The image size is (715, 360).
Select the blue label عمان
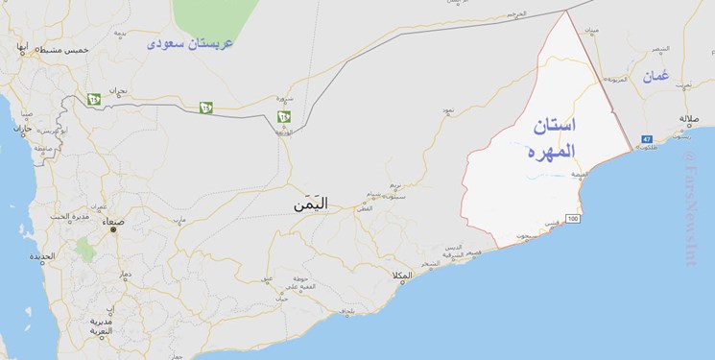655,75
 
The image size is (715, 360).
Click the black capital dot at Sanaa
113,229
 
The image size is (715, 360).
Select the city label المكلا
401,276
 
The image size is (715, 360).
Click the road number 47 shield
647,140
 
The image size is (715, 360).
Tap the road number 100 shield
573,220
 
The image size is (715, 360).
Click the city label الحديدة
41,256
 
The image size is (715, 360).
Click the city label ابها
21,46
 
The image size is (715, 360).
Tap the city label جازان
22,129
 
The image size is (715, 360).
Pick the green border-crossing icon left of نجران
93,98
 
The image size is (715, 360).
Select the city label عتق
268,278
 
